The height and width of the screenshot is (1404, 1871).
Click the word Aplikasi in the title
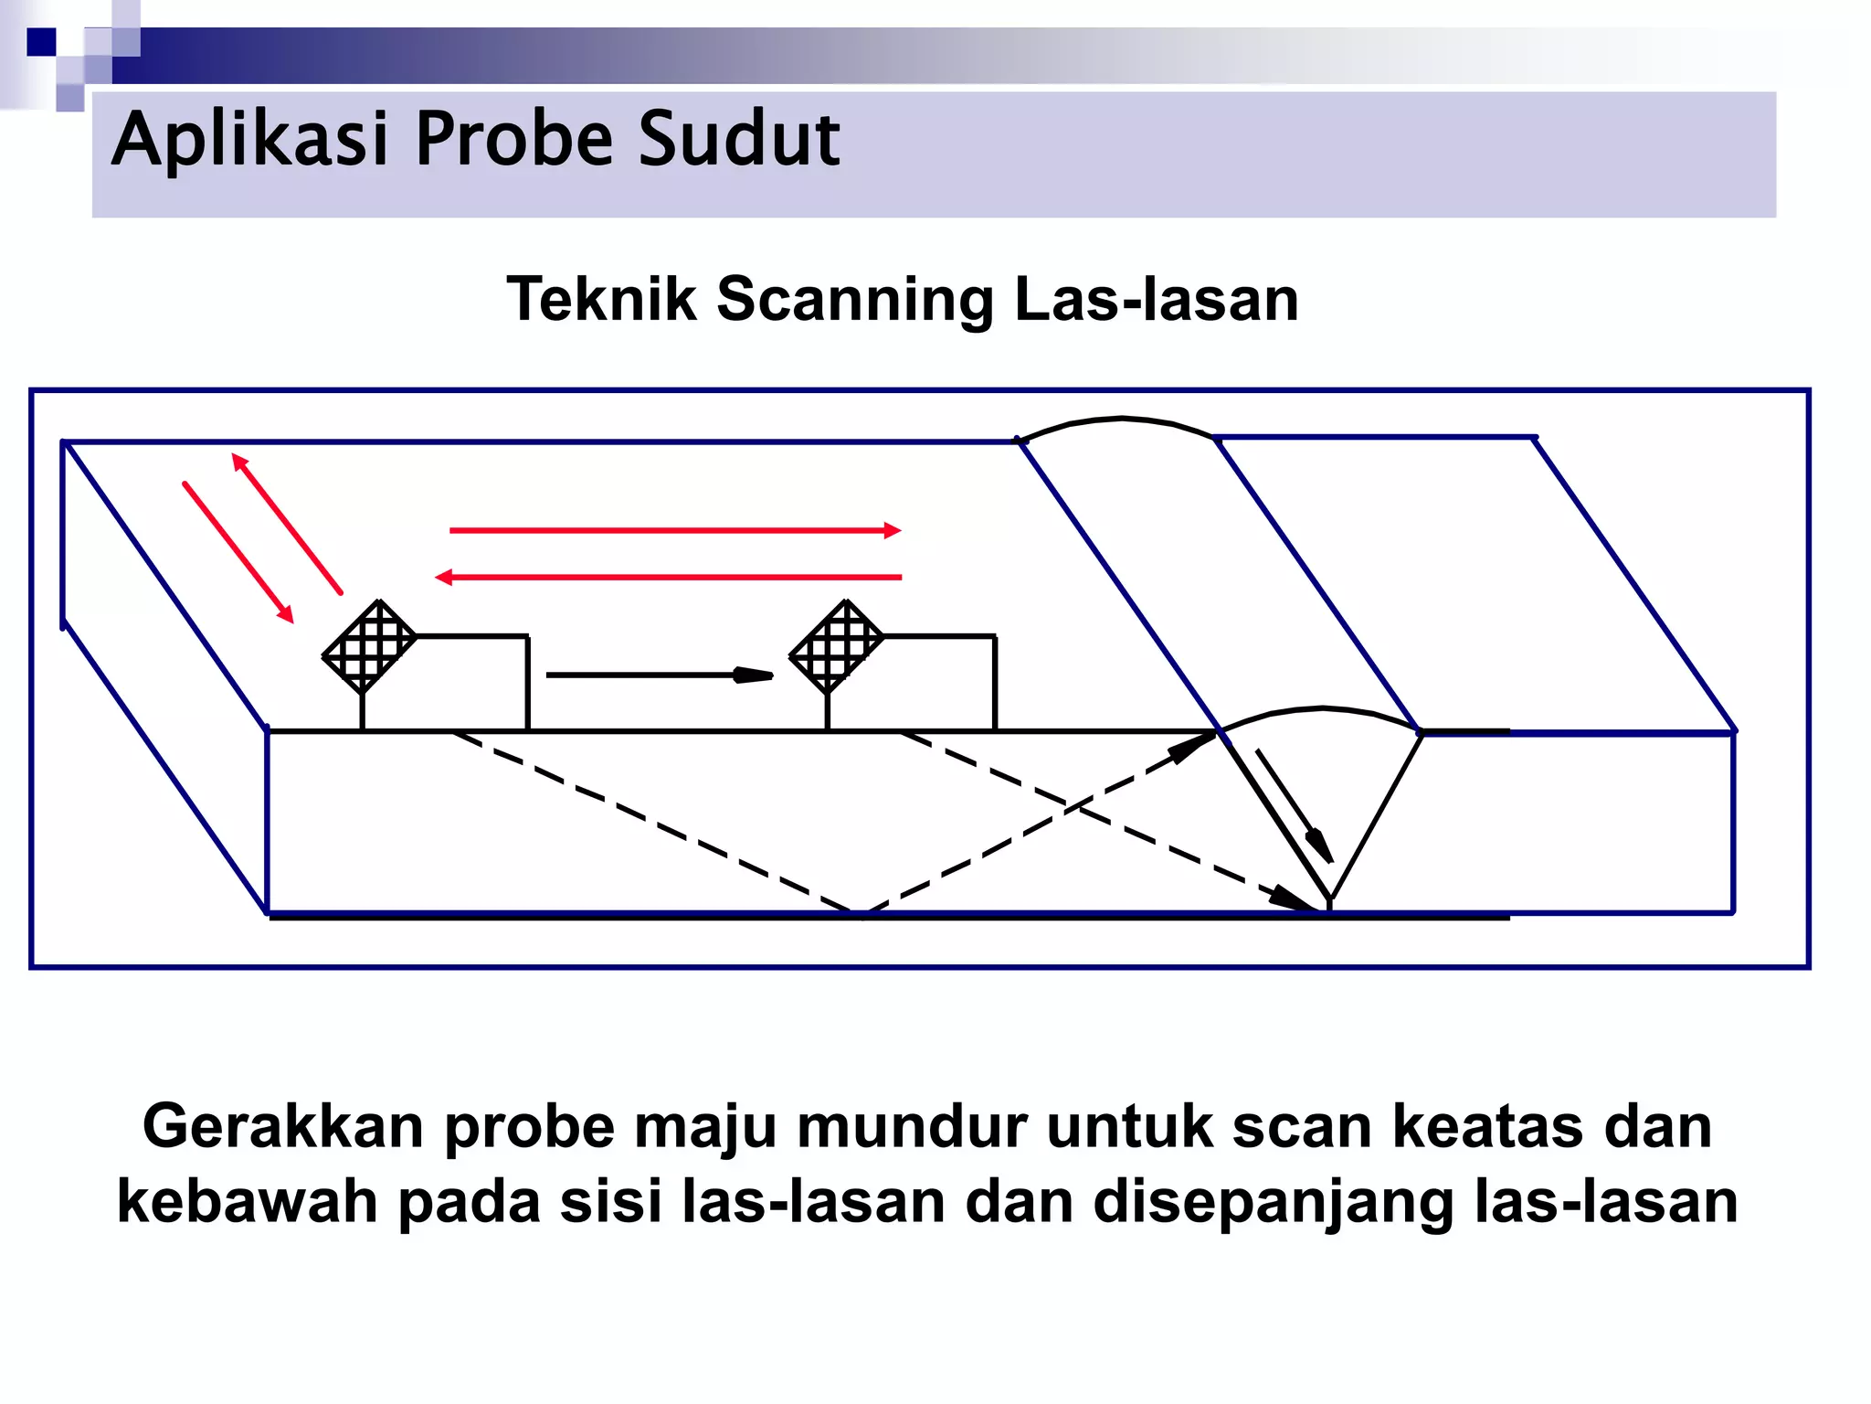click(x=249, y=140)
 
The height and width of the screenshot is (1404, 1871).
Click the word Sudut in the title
click(x=738, y=140)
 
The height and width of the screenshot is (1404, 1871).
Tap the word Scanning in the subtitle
click(x=855, y=299)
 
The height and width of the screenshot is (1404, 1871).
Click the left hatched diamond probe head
click(x=370, y=646)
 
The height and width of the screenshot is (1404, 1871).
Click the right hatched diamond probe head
click(x=837, y=646)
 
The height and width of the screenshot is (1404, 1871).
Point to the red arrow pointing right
click(x=674, y=530)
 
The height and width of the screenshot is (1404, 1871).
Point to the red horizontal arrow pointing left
click(x=669, y=577)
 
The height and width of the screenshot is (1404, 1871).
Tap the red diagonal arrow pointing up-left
click(x=287, y=524)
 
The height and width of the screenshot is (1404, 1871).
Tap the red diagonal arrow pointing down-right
click(x=238, y=552)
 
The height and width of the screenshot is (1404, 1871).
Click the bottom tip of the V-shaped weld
click(x=1329, y=899)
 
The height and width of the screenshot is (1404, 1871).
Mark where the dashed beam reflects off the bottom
click(x=859, y=911)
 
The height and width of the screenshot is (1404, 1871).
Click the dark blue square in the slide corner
click(x=41, y=42)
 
